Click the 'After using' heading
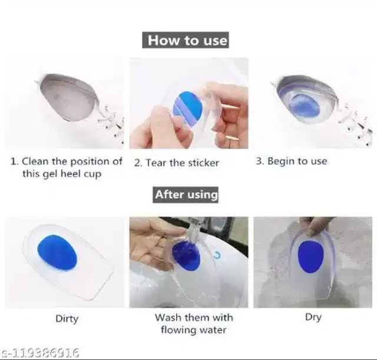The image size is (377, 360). (186, 194)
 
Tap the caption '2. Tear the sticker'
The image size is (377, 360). (177, 163)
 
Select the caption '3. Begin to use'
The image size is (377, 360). (292, 161)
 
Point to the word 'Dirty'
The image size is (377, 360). (67, 319)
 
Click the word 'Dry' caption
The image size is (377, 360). (313, 318)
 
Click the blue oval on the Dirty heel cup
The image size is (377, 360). (57, 252)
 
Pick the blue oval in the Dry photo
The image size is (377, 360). (310, 257)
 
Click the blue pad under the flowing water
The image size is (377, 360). (186, 256)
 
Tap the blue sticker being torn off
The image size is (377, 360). (187, 107)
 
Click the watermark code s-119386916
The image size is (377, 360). (39, 353)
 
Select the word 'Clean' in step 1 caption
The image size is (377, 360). (35, 161)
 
